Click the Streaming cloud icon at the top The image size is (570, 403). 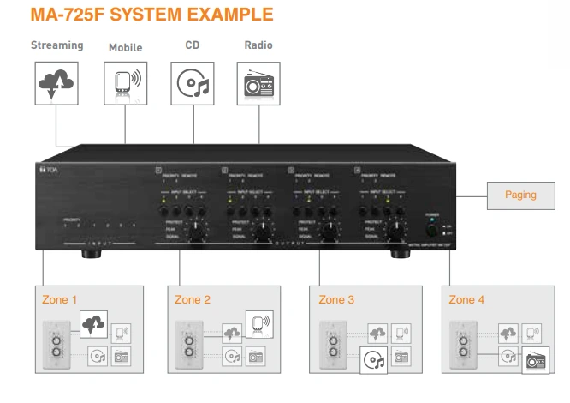click(56, 83)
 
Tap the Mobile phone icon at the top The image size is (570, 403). click(126, 84)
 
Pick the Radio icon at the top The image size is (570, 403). click(259, 83)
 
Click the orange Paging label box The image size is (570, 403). click(520, 195)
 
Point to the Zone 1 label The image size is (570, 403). click(59, 299)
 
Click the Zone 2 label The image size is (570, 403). click(192, 299)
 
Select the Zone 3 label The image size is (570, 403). click(335, 299)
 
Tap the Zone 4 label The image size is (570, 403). click(466, 299)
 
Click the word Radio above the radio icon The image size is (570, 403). click(258, 45)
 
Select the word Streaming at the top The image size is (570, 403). click(56, 45)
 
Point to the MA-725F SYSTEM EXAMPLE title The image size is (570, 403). click(151, 15)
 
